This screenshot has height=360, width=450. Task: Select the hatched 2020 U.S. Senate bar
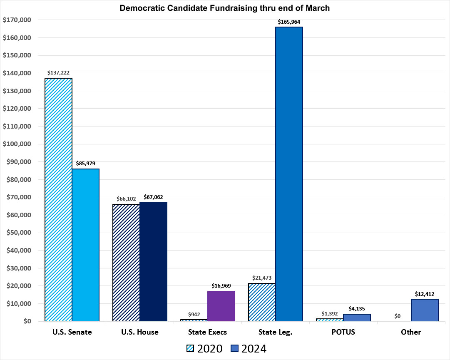coord(58,199)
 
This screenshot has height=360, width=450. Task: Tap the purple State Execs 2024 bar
coord(221,306)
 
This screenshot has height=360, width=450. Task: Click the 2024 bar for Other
coord(425,310)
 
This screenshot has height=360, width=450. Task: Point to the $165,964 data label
coord(289,21)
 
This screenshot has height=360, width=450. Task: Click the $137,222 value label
coord(58,72)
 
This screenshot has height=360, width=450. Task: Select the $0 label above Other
coord(397,316)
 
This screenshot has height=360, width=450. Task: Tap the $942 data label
coord(194,314)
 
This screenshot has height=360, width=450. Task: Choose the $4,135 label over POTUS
coord(357,308)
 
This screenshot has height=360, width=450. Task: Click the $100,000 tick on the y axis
coord(17,144)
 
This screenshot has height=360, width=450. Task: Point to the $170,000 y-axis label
coord(17,20)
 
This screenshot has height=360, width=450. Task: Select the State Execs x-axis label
coord(207,332)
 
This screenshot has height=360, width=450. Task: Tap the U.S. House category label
coord(139,332)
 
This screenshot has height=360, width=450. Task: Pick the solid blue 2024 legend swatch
coord(235,348)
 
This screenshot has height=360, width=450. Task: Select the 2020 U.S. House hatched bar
coord(126,263)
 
